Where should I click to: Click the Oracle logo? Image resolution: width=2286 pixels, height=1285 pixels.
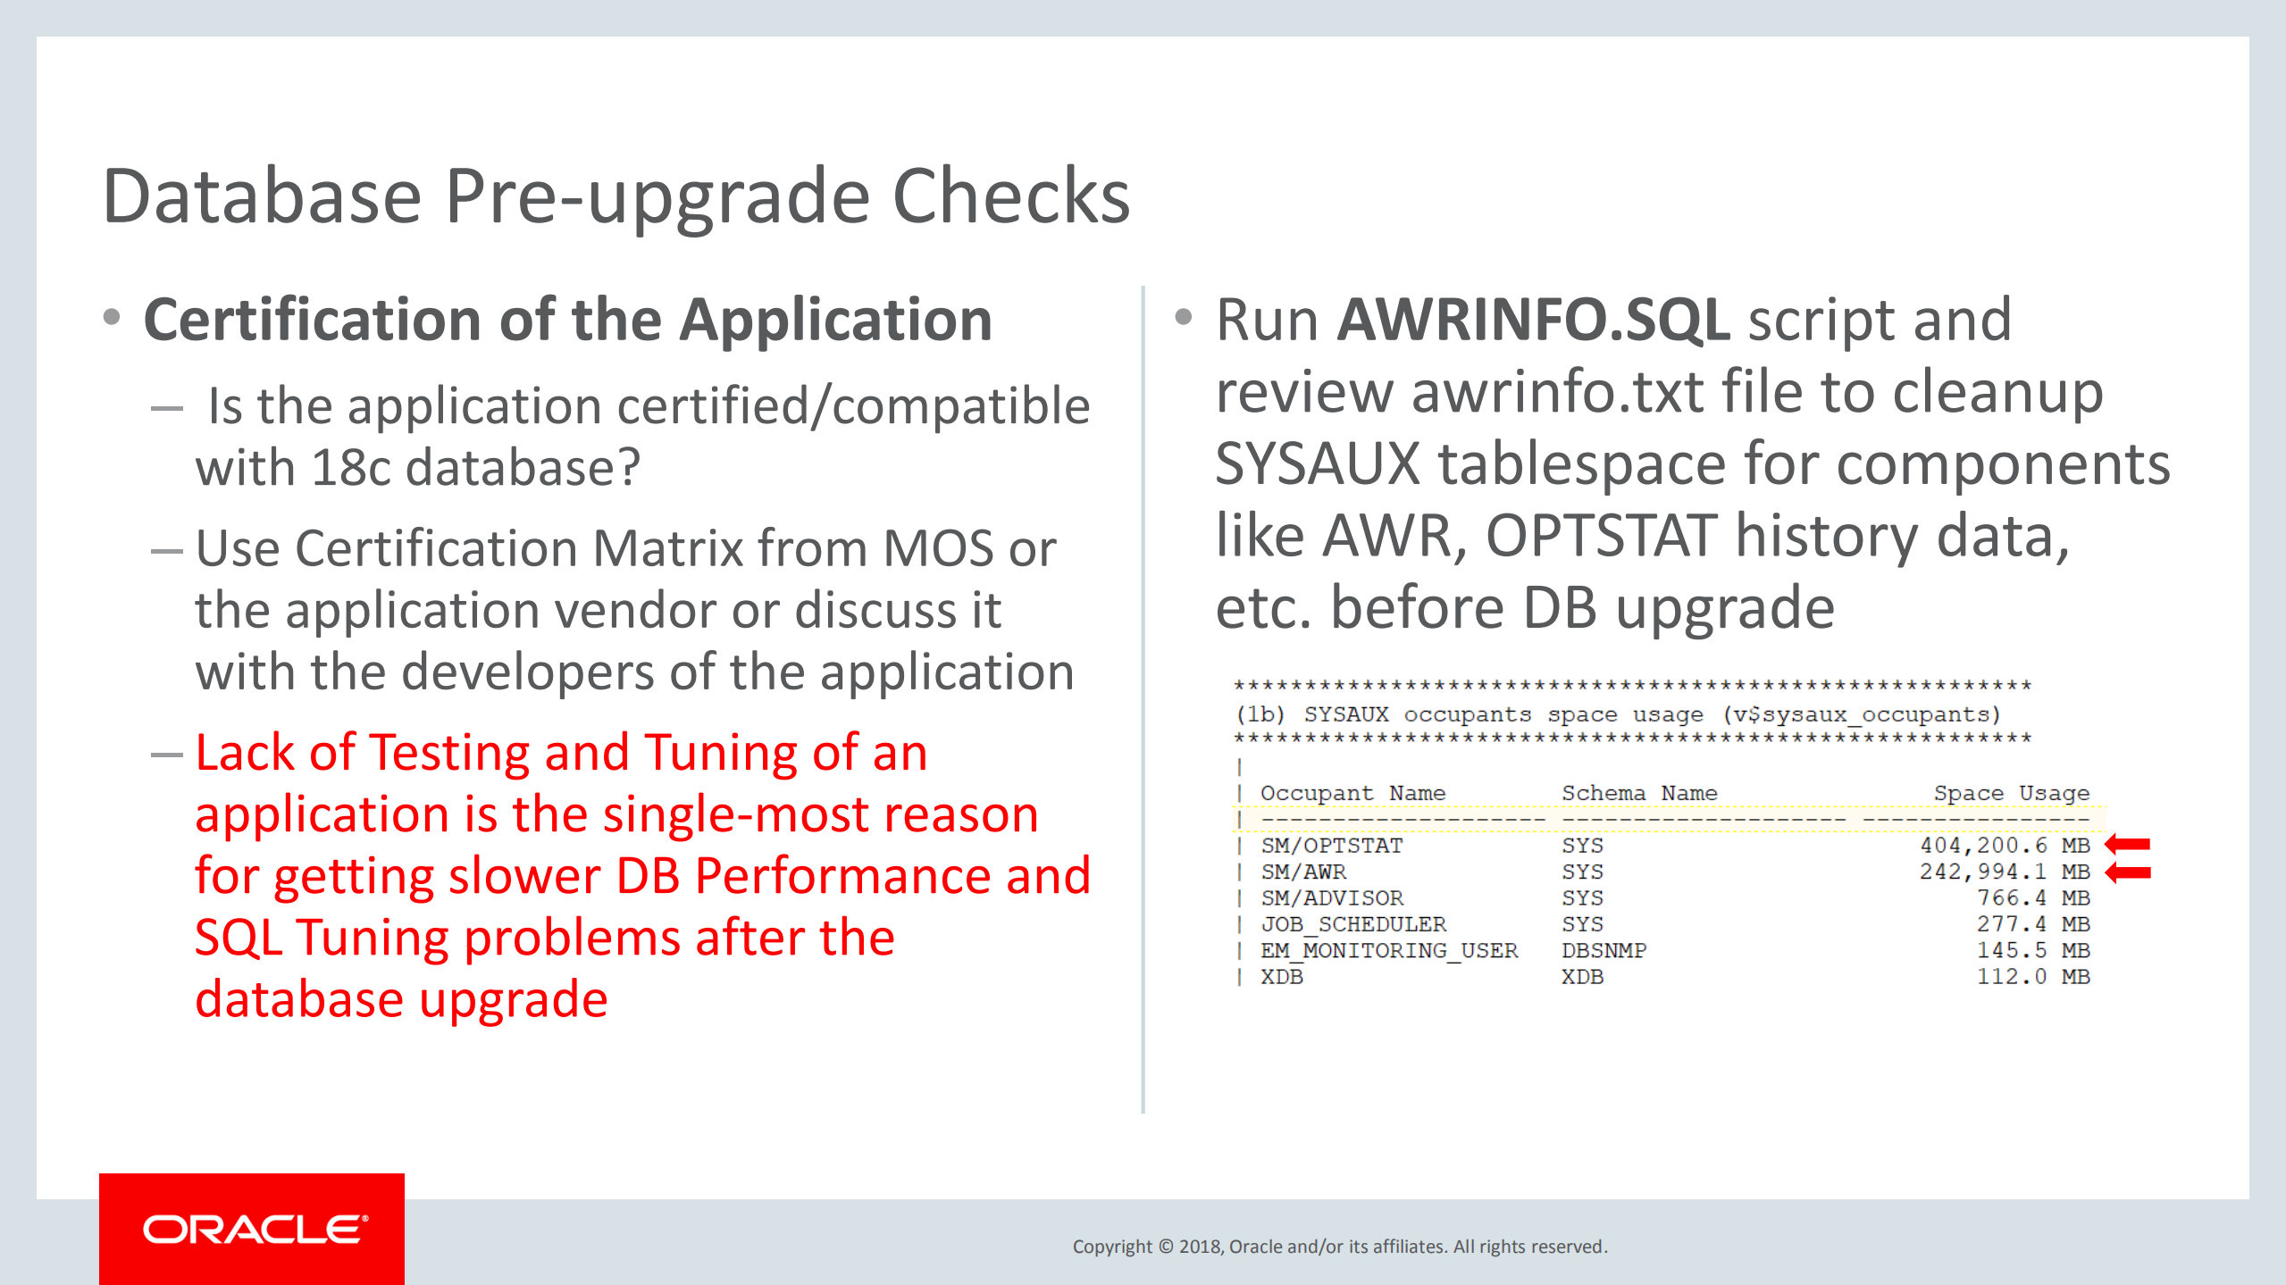pos(254,1230)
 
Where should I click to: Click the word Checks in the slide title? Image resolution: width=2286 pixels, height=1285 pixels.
pos(1011,197)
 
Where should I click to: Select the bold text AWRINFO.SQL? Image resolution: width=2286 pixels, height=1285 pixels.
pos(1533,320)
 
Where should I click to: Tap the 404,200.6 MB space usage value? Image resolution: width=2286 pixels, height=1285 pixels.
pos(2005,846)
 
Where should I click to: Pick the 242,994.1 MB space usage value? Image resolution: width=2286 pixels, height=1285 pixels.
pos(2005,872)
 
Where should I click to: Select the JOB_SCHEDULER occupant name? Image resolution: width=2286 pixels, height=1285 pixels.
pos(1352,924)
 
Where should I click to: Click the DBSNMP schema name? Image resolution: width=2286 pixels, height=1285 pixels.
pos(1604,951)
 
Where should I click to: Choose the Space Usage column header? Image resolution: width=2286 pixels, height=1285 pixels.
pos(2011,793)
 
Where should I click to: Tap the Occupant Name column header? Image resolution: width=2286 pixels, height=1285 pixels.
pos(1352,793)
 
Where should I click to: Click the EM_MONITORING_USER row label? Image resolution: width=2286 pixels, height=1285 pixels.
pos(1388,951)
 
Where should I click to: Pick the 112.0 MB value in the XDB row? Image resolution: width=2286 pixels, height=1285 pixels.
pos(2032,977)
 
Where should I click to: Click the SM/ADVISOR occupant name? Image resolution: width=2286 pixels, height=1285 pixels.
pos(1331,898)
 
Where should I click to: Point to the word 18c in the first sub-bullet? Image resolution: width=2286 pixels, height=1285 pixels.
pos(351,468)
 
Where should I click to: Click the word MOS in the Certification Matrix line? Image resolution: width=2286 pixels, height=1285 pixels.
pos(938,548)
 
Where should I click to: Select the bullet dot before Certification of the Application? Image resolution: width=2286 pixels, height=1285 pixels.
pos(112,317)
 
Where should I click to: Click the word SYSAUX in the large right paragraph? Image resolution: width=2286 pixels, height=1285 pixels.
pos(1317,464)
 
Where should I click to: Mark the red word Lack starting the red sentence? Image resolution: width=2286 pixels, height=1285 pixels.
pos(244,753)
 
